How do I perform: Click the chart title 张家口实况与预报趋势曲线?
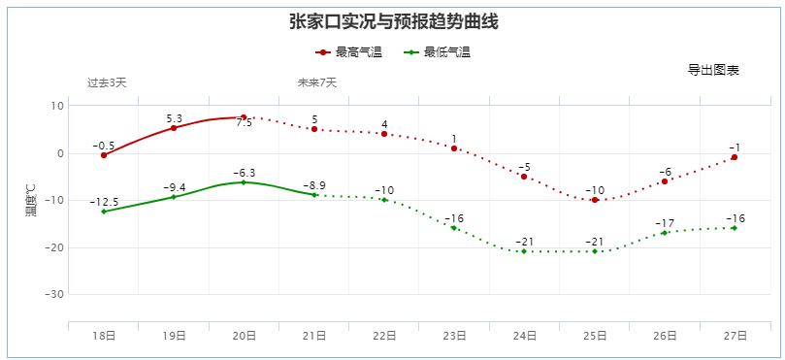point(393,21)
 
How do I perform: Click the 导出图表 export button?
point(713,70)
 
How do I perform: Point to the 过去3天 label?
point(107,82)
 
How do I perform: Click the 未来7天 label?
point(317,82)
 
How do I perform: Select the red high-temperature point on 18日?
point(104,155)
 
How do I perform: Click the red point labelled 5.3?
point(174,128)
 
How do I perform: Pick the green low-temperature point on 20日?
point(244,182)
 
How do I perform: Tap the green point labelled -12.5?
point(104,212)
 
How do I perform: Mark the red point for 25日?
point(594,200)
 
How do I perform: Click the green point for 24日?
point(524,251)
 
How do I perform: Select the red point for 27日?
point(735,157)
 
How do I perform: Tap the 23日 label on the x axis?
point(454,336)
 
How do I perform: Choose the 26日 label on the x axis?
point(665,336)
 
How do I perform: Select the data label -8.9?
point(314,185)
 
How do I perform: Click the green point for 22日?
point(384,200)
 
